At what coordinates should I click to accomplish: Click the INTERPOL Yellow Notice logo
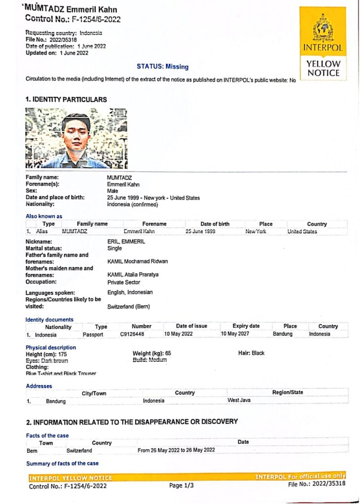tap(323, 43)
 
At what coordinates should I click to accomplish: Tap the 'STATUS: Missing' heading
tap(162, 66)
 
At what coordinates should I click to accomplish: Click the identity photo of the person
tap(76, 138)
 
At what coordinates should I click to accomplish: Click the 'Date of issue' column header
tap(192, 326)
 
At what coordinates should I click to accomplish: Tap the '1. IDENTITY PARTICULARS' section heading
tap(66, 99)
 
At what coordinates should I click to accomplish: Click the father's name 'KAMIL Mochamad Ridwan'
tap(137, 261)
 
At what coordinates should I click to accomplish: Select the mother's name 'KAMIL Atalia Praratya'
tap(134, 275)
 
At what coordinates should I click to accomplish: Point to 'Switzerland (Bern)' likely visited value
tap(129, 306)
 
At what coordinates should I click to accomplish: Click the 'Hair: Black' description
tap(251, 353)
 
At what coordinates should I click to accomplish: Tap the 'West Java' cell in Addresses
tap(239, 400)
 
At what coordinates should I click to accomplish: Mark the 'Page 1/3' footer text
tap(182, 485)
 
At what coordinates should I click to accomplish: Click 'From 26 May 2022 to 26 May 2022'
tap(176, 450)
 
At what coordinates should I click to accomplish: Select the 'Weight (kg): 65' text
tap(152, 353)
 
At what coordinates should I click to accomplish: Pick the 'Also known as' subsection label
tap(44, 216)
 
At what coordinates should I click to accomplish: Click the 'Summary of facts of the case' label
tap(62, 463)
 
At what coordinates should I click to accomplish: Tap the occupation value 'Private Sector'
tap(124, 283)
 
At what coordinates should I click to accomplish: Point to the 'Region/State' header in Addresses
tap(288, 392)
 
